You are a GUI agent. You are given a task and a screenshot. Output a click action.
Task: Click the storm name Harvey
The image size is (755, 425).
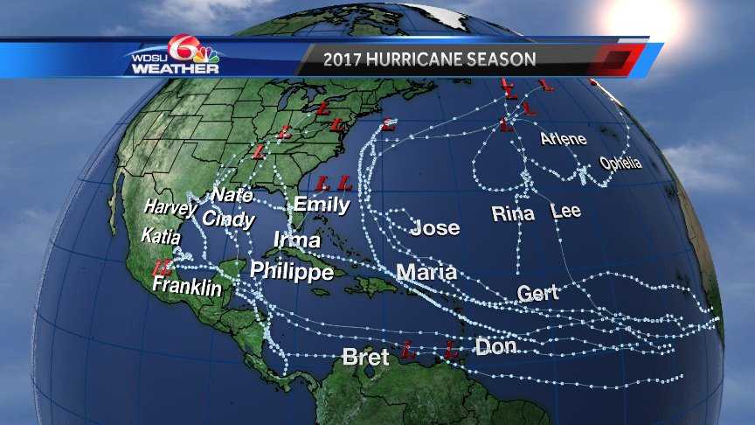170,208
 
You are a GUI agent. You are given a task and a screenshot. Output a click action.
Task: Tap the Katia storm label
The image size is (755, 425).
161,236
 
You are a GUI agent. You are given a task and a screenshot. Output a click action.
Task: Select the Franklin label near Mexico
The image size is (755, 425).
186,286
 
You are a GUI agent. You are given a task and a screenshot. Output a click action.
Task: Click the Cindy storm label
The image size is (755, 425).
228,219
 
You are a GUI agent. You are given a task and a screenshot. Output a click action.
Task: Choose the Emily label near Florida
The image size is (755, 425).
322,206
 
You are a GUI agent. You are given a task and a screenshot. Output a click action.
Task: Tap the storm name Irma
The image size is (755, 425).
296,240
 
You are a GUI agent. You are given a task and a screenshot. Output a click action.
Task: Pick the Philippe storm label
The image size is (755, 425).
292,271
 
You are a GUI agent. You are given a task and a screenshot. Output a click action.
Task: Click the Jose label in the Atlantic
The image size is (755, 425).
434,228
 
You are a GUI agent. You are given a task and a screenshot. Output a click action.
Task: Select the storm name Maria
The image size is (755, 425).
426,272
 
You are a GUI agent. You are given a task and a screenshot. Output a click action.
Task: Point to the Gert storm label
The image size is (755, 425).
537,293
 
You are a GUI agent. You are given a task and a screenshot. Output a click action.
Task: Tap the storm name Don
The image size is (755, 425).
495,347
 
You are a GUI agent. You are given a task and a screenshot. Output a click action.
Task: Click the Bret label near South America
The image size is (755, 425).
365,357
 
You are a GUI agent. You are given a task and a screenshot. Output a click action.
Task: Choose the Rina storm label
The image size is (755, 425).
513,213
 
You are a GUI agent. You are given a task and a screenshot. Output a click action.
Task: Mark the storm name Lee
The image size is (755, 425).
565,211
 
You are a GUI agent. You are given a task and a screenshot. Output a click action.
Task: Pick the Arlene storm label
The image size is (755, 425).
563,139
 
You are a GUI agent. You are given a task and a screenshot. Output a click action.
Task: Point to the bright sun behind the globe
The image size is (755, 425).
643,16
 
